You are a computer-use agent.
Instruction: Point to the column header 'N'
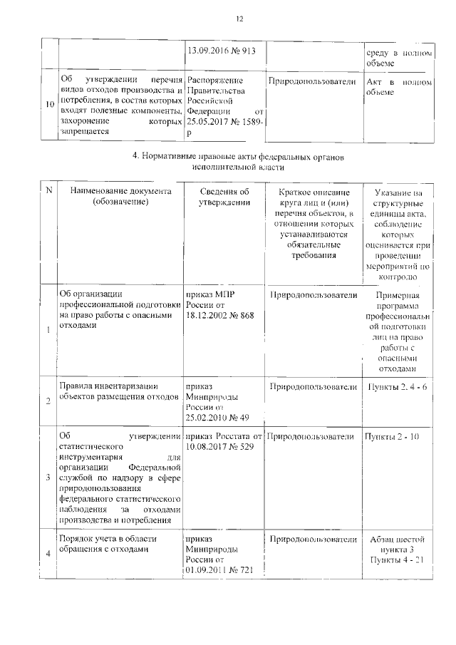click(x=49, y=190)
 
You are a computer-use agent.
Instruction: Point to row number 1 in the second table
click(x=48, y=329)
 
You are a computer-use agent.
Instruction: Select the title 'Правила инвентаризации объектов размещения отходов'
click(x=116, y=392)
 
